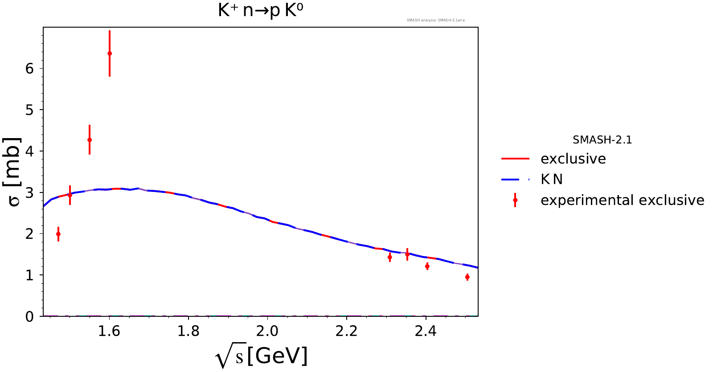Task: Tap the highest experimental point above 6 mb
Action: [110, 53]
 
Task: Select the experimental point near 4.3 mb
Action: [90, 140]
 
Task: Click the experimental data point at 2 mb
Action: [58, 234]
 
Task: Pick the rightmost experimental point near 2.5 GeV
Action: [467, 277]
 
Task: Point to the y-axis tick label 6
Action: [29, 68]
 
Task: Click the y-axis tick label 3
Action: [29, 192]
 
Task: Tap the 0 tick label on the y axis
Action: [29, 317]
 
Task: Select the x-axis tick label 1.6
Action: [109, 331]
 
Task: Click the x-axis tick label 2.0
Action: [267, 331]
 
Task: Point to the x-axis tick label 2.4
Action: [426, 331]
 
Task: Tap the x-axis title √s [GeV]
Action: [261, 356]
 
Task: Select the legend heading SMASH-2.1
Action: [602, 140]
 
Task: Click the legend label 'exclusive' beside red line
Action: [573, 159]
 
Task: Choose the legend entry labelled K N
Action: [552, 180]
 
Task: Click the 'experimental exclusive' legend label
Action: [622, 200]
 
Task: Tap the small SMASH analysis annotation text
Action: [435, 20]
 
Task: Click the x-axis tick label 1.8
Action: [188, 331]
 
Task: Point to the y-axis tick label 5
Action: [29, 110]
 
